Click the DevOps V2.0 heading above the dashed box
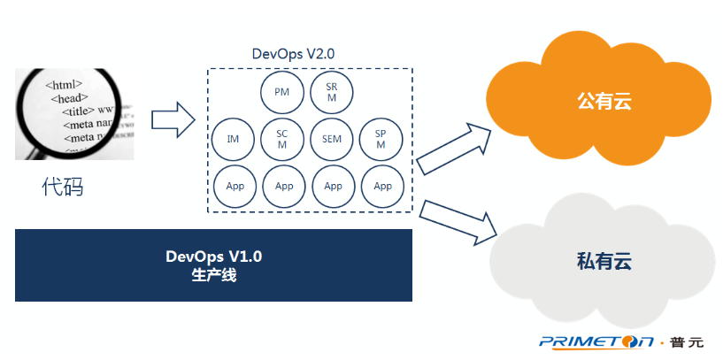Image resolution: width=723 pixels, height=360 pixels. click(x=293, y=54)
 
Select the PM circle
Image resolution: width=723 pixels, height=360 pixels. click(x=282, y=92)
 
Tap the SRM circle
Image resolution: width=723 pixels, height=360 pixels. click(x=332, y=92)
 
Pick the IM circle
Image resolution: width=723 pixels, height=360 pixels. click(x=234, y=139)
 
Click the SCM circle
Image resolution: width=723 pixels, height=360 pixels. click(x=282, y=139)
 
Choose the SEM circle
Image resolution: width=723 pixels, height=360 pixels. click(x=332, y=139)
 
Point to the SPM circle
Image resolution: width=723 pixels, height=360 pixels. click(x=381, y=139)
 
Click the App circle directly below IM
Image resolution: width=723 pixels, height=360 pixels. click(x=235, y=186)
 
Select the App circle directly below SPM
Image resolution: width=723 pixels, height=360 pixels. click(x=382, y=186)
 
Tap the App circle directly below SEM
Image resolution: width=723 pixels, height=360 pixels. click(x=333, y=186)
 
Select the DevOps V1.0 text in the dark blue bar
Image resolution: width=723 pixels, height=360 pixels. click(x=213, y=257)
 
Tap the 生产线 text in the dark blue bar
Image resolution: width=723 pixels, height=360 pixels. click(x=213, y=275)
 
